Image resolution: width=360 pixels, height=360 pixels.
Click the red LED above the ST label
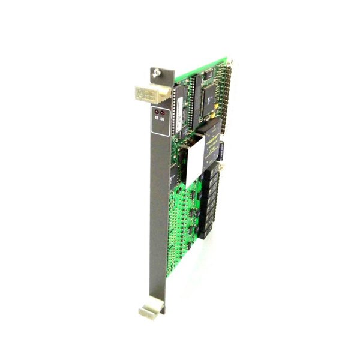157,113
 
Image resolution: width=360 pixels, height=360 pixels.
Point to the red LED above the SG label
163,113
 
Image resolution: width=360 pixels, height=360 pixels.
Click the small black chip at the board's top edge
206,74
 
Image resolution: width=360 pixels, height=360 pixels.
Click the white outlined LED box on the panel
160,116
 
